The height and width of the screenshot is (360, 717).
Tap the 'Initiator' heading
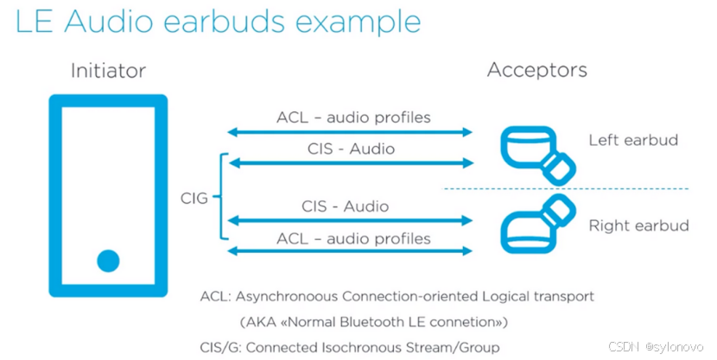coord(108,71)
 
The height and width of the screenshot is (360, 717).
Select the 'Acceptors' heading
coord(536,70)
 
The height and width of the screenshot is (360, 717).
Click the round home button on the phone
coord(108,260)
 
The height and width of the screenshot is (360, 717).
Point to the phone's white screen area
coord(108,173)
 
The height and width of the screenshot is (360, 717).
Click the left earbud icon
coord(536,152)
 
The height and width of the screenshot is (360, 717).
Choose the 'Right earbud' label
coord(638,226)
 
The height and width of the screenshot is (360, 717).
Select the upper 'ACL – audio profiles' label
coord(352,117)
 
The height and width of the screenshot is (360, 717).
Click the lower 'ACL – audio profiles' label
coord(352,237)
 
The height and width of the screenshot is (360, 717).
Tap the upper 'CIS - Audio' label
coord(351,148)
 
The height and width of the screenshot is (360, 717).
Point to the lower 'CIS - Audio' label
coord(346,206)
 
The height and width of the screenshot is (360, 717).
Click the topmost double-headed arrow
coord(350,132)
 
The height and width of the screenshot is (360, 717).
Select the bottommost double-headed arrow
coord(350,251)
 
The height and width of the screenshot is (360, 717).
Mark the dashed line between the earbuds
coord(566,188)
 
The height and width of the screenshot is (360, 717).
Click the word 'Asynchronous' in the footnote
coord(282,296)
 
